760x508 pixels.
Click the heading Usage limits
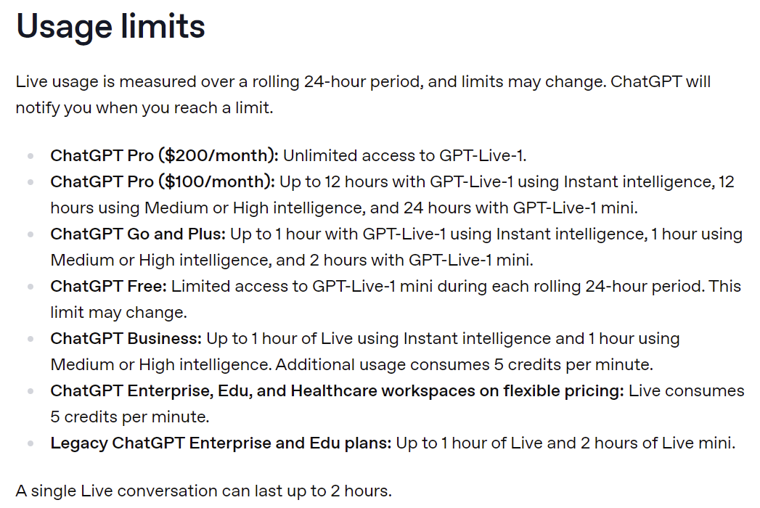click(110, 26)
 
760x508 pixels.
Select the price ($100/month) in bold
click(216, 181)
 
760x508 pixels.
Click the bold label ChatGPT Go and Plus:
click(138, 234)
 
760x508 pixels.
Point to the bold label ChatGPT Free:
click(109, 287)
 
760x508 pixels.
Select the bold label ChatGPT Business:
click(126, 339)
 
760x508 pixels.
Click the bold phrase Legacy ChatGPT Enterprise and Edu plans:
click(221, 443)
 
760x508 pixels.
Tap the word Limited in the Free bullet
click(200, 287)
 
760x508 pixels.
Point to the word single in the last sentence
click(53, 491)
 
